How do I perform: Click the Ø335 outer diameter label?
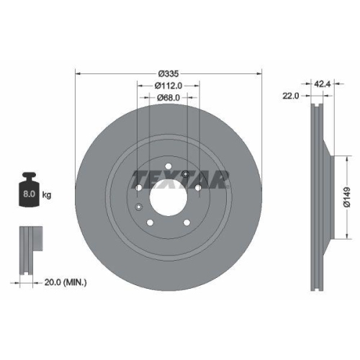click(168, 73)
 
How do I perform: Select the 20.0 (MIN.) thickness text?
click(63, 282)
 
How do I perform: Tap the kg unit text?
click(48, 194)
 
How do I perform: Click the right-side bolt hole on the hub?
click(198, 189)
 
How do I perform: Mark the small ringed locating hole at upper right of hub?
click(186, 176)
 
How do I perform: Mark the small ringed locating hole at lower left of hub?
click(138, 207)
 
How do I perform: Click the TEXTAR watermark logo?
click(180, 178)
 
